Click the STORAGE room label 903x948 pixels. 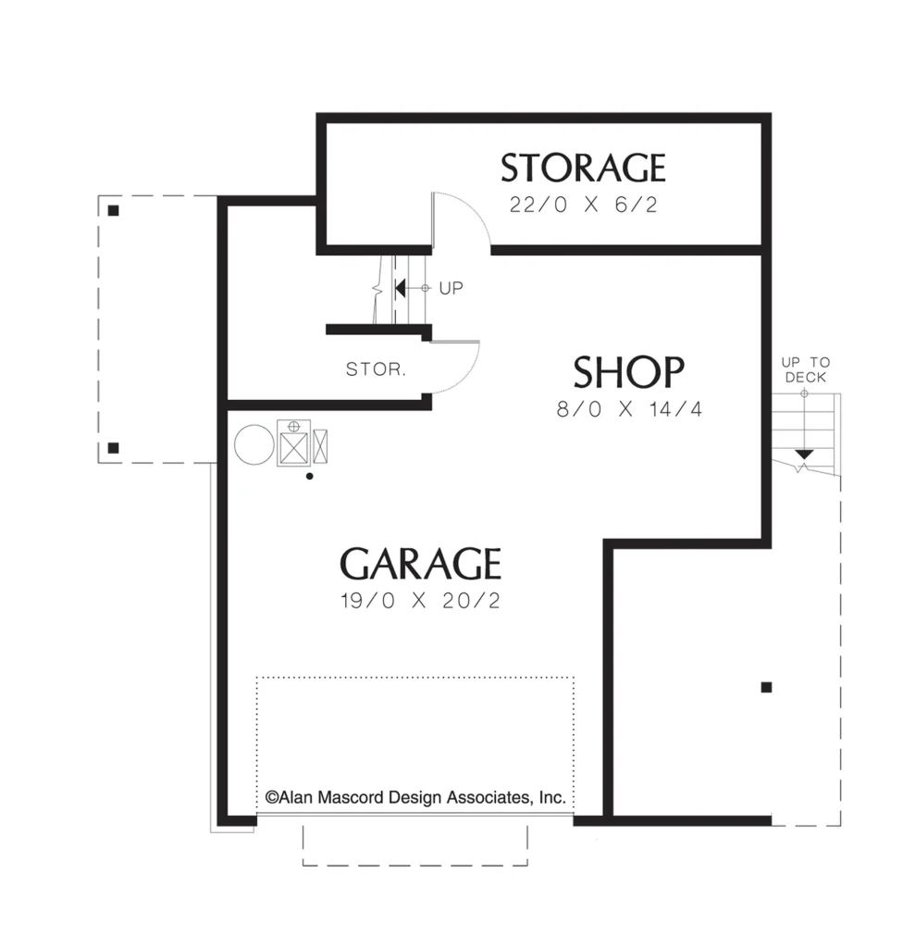click(x=583, y=168)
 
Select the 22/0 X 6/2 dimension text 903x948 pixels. click(x=583, y=205)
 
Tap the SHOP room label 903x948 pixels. click(x=628, y=372)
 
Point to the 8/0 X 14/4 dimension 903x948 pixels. click(x=628, y=409)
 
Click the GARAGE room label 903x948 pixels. click(x=420, y=564)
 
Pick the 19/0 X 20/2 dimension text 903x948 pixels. click(x=420, y=601)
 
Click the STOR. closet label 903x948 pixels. click(x=376, y=368)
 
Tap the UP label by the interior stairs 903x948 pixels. click(x=451, y=289)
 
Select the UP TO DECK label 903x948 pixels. click(x=806, y=369)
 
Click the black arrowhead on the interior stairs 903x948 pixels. click(x=400, y=289)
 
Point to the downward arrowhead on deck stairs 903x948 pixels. click(x=804, y=454)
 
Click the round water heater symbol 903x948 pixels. click(x=254, y=444)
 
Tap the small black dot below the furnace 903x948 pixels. click(x=309, y=477)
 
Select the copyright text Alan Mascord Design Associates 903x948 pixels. click(x=415, y=797)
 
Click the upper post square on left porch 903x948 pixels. click(x=113, y=210)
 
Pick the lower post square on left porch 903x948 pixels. click(x=113, y=448)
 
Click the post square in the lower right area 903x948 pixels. click(x=766, y=687)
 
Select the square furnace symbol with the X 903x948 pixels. click(x=293, y=443)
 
